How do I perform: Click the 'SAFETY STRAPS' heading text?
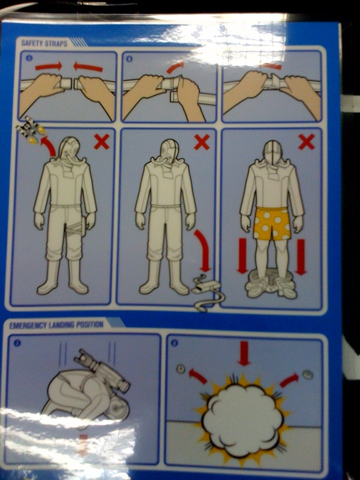[x=44, y=43]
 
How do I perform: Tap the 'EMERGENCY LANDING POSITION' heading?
[x=56, y=325]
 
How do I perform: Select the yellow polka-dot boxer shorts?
[x=272, y=224]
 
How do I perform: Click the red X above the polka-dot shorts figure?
[x=307, y=142]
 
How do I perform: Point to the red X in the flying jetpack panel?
[x=101, y=142]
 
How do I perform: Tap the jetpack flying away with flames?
[x=31, y=129]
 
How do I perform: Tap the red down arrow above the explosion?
[x=244, y=353]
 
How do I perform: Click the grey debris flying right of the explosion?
[x=307, y=374]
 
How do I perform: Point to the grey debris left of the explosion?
[x=181, y=370]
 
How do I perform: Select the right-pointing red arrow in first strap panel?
[x=49, y=66]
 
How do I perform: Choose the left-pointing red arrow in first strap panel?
[x=88, y=67]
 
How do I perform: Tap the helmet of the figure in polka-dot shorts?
[x=272, y=152]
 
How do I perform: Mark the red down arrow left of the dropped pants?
[x=242, y=256]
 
